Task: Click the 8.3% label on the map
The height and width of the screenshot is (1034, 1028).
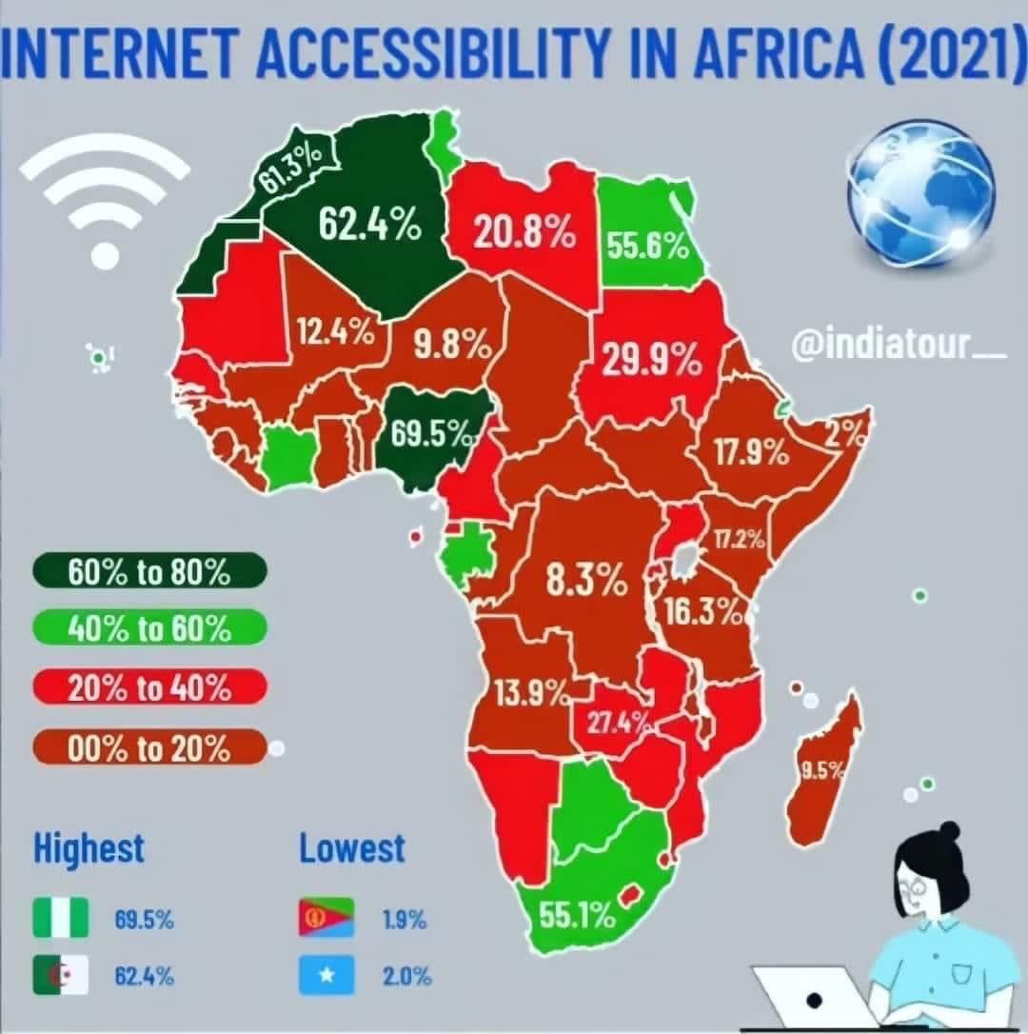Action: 586,579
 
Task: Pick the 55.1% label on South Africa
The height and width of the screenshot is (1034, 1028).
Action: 578,916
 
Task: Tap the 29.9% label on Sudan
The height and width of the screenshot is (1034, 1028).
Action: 652,361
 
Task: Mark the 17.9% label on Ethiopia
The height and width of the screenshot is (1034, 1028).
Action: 752,453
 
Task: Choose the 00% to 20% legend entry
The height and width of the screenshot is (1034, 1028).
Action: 148,748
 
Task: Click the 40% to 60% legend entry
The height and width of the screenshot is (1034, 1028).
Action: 148,629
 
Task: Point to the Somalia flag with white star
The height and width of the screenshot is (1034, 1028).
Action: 326,976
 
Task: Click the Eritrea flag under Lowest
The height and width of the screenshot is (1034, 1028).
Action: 326,919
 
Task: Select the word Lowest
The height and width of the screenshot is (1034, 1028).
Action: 352,848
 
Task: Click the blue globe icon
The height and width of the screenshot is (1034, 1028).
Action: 920,192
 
